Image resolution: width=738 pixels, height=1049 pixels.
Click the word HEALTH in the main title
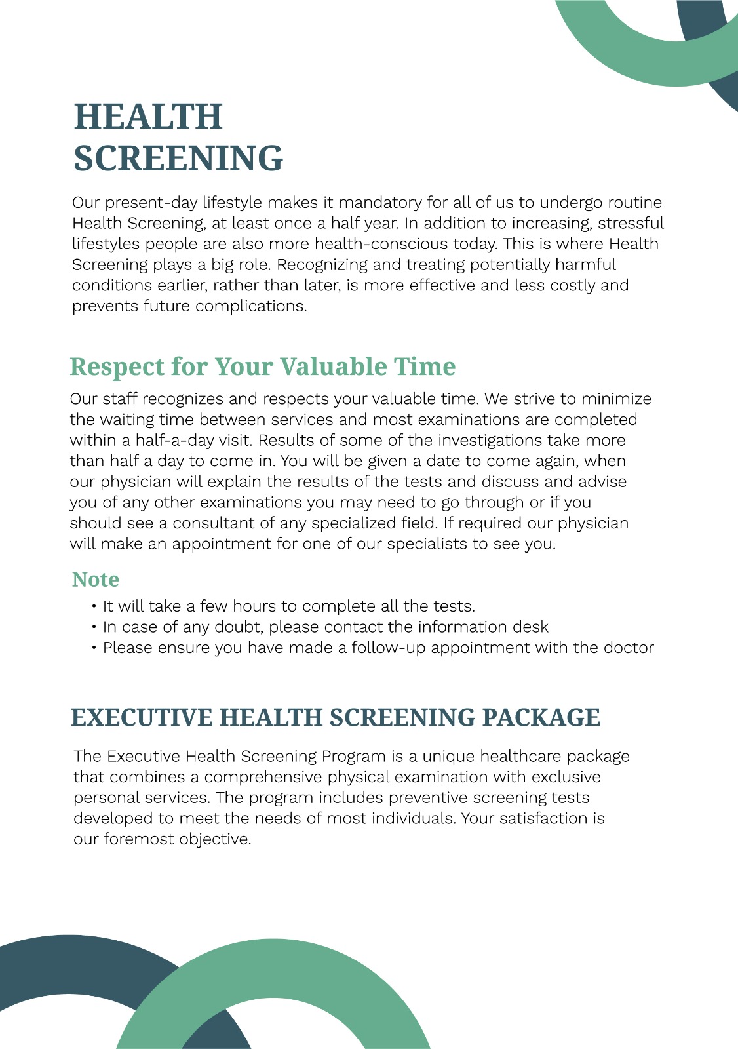click(148, 117)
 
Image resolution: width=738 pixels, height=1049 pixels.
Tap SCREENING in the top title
click(178, 159)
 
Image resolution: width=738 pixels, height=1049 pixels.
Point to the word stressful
click(631, 224)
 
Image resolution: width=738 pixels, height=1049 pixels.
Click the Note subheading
click(96, 580)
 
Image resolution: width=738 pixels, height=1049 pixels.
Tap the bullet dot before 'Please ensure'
click(95, 648)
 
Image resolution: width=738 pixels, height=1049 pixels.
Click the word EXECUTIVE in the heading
click(142, 718)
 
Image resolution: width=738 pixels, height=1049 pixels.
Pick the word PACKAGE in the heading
click(541, 718)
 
